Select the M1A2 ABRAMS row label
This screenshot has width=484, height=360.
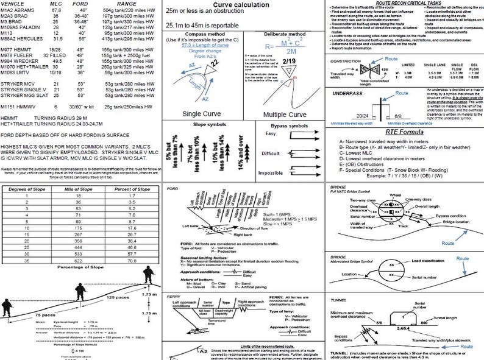point(18,10)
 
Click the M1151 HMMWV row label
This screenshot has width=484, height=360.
point(18,106)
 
